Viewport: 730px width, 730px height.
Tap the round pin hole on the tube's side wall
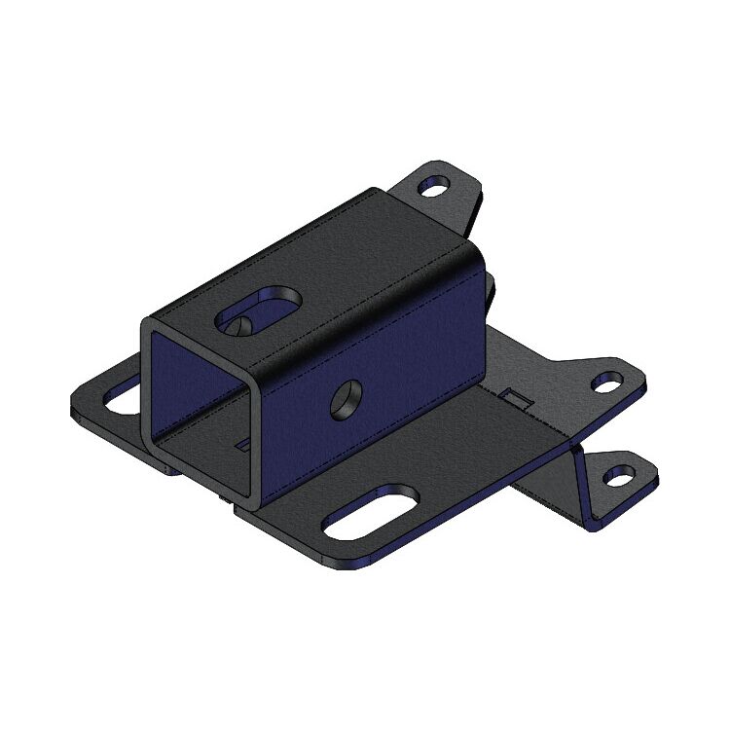(x=347, y=398)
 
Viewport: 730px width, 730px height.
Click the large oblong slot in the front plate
(x=371, y=513)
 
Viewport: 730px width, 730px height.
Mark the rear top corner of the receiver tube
(x=375, y=192)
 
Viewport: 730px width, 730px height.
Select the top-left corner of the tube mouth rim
(x=144, y=322)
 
